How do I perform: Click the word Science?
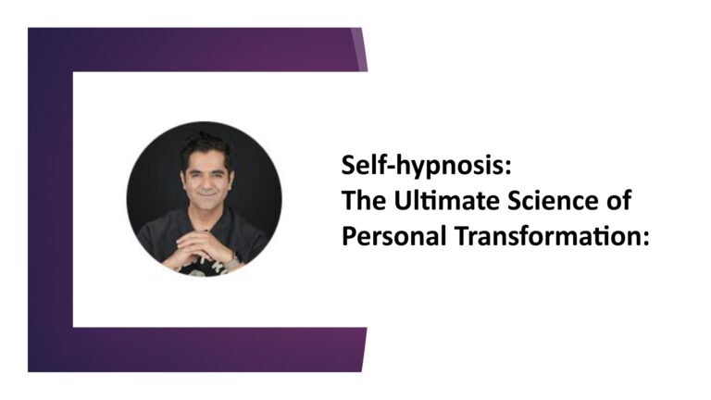click(x=552, y=200)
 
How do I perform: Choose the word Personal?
click(x=393, y=236)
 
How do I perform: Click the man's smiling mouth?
click(x=206, y=194)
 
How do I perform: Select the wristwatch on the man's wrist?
click(x=233, y=261)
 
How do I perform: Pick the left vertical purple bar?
click(x=50, y=200)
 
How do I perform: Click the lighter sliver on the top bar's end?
click(x=359, y=49)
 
